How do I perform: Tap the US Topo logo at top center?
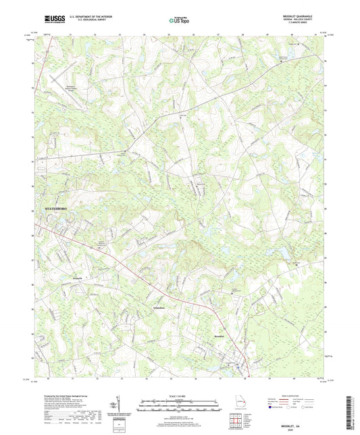pos(180,21)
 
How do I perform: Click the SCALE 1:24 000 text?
pos(180,396)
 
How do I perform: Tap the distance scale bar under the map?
pos(180,408)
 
